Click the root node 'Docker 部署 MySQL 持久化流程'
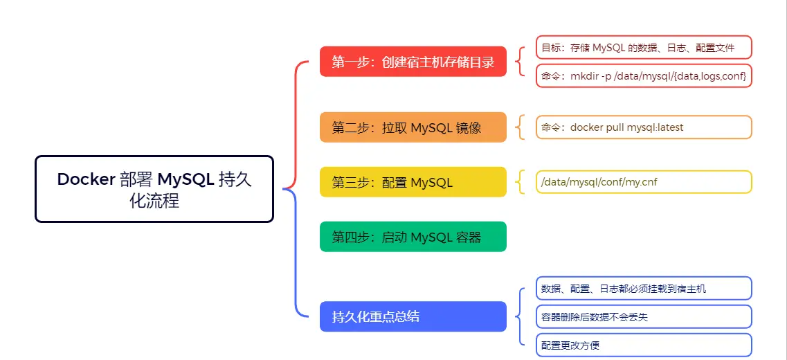(x=154, y=189)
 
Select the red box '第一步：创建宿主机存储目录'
(x=413, y=62)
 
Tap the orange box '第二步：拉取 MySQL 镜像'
(x=413, y=127)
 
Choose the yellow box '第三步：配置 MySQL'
(x=413, y=182)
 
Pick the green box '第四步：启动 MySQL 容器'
(x=413, y=237)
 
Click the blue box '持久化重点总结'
(x=413, y=316)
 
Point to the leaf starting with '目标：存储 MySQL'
(x=644, y=48)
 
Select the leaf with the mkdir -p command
(x=644, y=75)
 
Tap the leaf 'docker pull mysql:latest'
(x=644, y=127)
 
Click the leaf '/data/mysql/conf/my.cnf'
(x=644, y=182)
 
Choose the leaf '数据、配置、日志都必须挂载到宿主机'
(x=644, y=289)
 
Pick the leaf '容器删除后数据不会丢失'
(x=644, y=316)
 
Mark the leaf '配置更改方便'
(x=644, y=345)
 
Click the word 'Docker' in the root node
(x=86, y=179)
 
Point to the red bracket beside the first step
(x=518, y=62)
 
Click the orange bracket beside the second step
(x=518, y=127)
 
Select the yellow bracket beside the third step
(x=518, y=182)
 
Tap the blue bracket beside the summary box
(x=519, y=316)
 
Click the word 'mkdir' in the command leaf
(x=584, y=75)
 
